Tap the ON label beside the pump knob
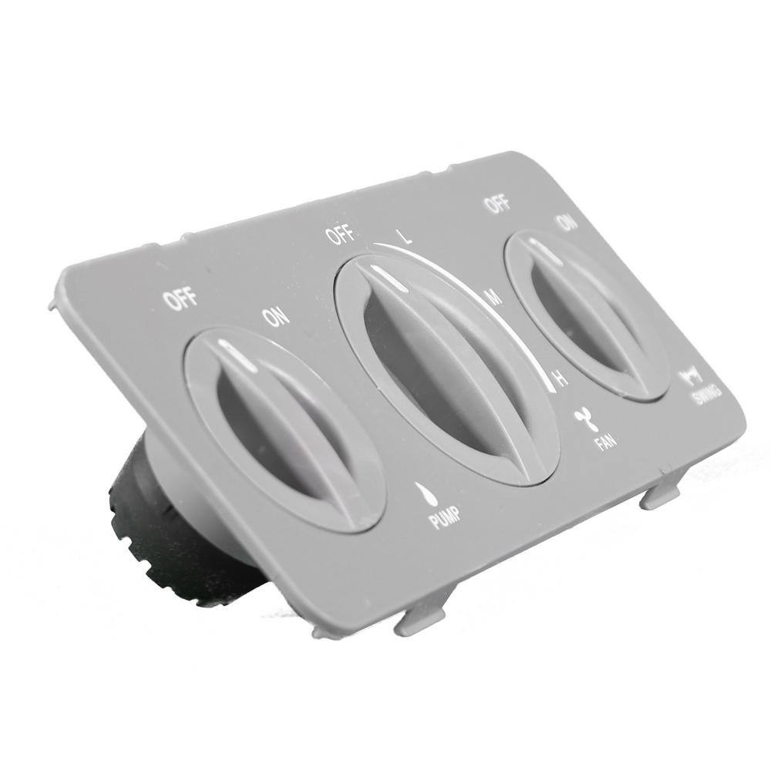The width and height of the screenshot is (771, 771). tap(276, 316)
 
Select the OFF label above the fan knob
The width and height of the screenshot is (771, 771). tap(340, 234)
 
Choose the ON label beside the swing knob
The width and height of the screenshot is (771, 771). tap(567, 223)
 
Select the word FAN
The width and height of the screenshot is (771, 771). tap(604, 443)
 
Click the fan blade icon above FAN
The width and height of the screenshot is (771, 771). tap(584, 419)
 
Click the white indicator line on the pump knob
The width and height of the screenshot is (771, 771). tap(239, 356)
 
